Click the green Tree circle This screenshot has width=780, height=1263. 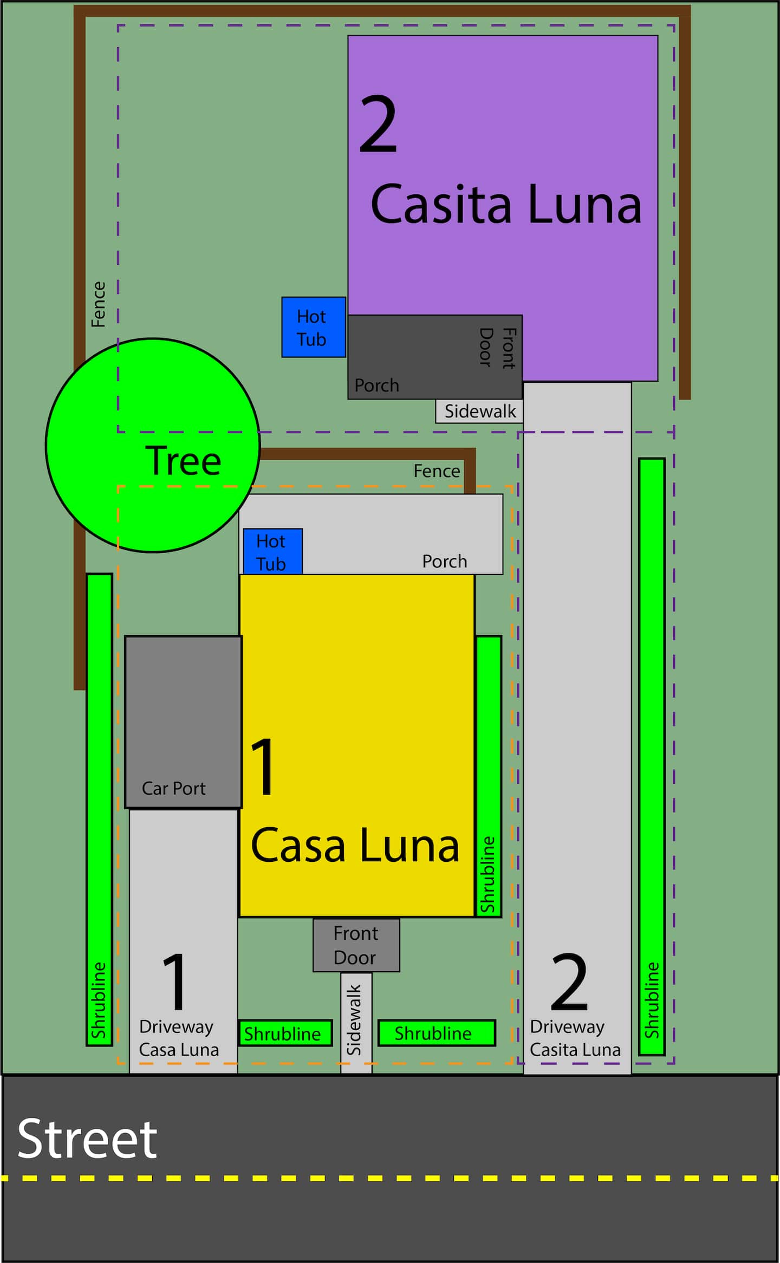(153, 445)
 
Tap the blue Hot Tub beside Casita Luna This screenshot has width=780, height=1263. (314, 327)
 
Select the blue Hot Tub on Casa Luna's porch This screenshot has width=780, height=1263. (272, 551)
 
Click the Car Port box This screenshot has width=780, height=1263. (183, 722)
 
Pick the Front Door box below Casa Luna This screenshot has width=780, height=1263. (356, 945)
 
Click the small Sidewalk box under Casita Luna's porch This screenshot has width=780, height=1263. (479, 411)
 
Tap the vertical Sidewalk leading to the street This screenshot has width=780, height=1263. (356, 1023)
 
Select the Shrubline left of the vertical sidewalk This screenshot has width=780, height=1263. (285, 1033)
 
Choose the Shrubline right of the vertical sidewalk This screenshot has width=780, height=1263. (436, 1033)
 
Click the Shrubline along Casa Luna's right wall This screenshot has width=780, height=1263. (489, 776)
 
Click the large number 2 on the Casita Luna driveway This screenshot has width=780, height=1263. (569, 982)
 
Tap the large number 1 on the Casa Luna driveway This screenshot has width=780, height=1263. (175, 982)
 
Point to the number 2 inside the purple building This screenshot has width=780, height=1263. (378, 124)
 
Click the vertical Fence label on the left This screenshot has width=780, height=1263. (98, 304)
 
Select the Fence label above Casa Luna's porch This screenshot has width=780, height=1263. (437, 471)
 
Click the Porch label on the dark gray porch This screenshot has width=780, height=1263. (376, 385)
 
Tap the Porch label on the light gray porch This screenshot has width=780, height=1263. (444, 561)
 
